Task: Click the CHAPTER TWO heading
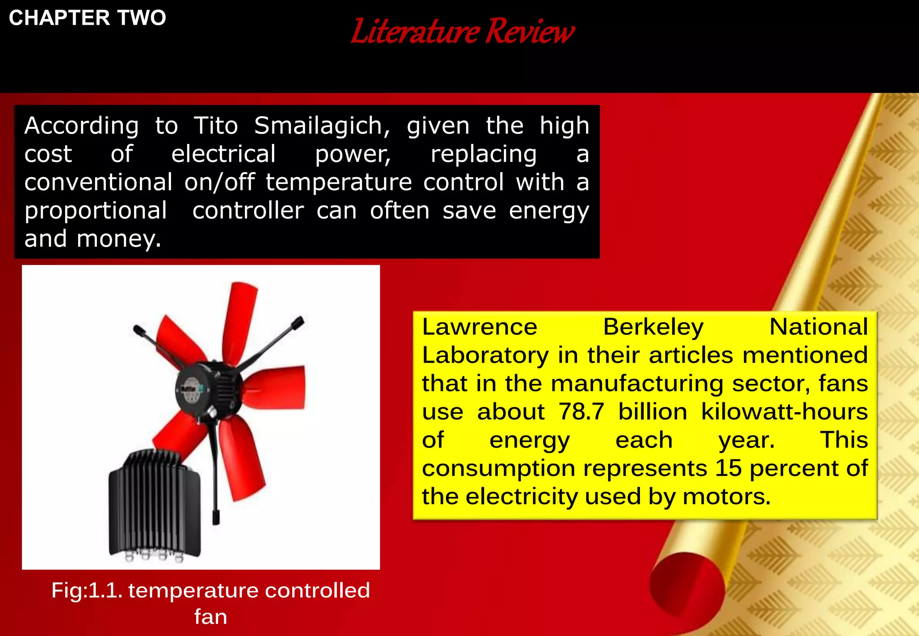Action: coord(88,18)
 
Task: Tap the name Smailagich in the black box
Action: coord(322,126)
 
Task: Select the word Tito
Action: coord(215,126)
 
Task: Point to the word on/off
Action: coord(219,182)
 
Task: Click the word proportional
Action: coord(96,211)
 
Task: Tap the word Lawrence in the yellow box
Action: coord(480,327)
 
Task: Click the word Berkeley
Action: coord(653,327)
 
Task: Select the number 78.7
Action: coord(581,412)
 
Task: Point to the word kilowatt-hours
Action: coord(784,412)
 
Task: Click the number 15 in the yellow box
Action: coord(728,468)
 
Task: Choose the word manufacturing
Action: coord(637,383)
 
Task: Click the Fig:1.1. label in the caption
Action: coord(87,590)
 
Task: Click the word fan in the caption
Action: coord(210,617)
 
